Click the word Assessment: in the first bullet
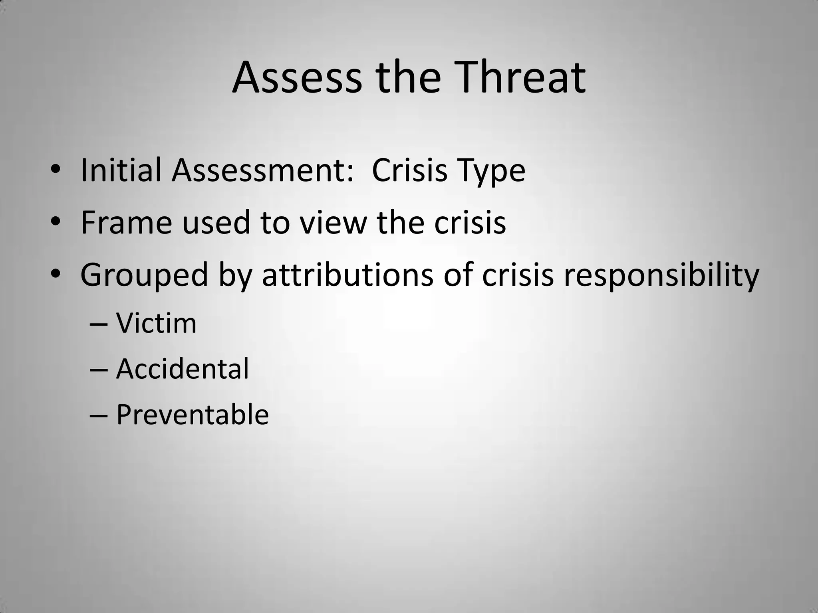click(x=262, y=170)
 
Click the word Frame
click(x=126, y=223)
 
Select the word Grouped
click(x=144, y=275)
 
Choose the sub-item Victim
click(x=156, y=323)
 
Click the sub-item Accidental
click(x=182, y=369)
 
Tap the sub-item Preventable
click(x=192, y=415)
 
